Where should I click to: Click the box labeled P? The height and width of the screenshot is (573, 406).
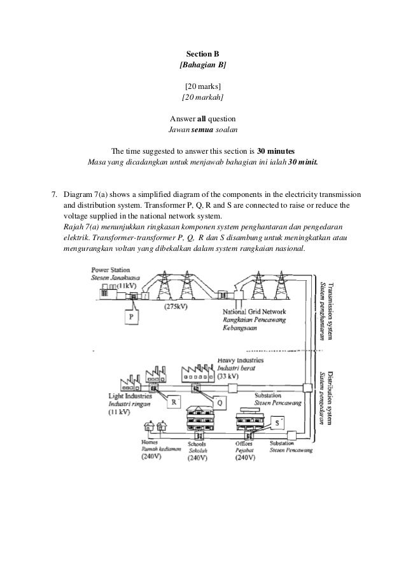coord(131,316)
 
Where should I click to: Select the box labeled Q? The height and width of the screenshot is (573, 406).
coord(218,401)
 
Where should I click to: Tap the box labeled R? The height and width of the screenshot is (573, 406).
coord(172,401)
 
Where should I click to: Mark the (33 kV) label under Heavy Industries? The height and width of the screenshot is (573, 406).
coord(230,376)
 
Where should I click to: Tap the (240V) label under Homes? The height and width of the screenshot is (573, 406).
coord(152,456)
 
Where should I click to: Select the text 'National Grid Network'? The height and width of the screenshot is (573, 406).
coord(254,312)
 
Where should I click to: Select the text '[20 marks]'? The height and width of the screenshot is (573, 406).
coord(202,86)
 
